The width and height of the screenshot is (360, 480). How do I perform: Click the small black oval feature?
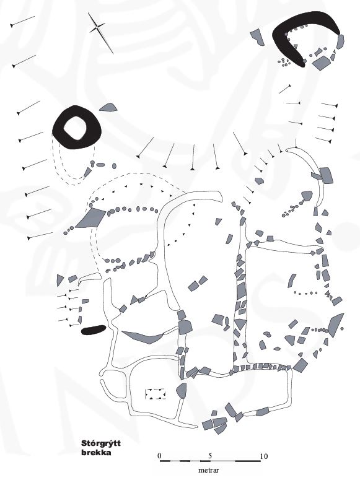pos(94,329)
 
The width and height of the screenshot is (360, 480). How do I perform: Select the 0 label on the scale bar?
pos(159,456)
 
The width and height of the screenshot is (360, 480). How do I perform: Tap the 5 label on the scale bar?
pos(210,456)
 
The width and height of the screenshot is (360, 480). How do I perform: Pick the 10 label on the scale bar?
pos(264,456)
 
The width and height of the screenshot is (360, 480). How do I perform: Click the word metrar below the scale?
pos(209,470)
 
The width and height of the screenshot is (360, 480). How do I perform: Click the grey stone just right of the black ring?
pos(108,107)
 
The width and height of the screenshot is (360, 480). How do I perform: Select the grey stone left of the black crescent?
pos(257,37)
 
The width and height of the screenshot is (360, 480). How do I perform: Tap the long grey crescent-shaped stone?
pos(143,337)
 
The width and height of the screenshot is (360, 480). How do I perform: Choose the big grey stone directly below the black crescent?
pos(321,63)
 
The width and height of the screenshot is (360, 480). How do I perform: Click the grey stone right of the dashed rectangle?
pos(182,391)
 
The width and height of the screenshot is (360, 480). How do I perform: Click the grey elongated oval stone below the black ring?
pos(100,165)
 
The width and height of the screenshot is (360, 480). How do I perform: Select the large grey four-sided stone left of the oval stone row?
pos(90,218)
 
